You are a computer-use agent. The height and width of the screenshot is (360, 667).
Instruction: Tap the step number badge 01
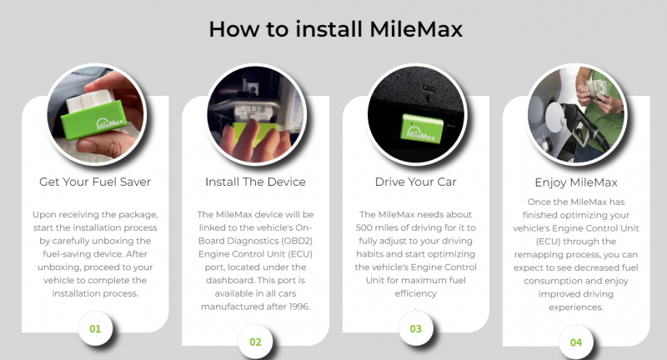[x=95, y=327]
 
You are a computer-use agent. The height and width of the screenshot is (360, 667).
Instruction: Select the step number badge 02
[x=255, y=341]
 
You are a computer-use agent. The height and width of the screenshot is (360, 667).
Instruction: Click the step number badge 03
[x=415, y=327]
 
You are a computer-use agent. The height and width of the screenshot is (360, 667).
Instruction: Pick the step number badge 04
[x=576, y=341]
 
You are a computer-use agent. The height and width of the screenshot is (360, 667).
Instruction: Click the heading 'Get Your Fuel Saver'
[x=95, y=181]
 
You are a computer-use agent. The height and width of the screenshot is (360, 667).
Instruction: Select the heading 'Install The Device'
[x=255, y=181]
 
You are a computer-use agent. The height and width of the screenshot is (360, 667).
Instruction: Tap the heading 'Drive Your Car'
[x=415, y=181]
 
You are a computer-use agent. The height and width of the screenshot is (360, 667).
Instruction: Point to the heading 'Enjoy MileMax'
[x=576, y=181]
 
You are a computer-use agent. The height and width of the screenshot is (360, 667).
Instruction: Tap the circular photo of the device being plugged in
[x=255, y=112]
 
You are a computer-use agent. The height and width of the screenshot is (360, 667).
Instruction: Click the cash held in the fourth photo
[x=603, y=86]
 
